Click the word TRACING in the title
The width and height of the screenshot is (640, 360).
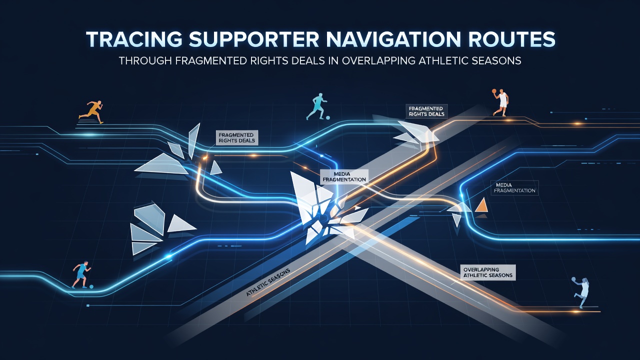click(x=134, y=39)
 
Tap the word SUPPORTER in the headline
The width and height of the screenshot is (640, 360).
click(x=254, y=39)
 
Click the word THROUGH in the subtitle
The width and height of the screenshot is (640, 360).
click(x=145, y=61)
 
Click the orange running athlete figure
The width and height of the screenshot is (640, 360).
click(x=91, y=111)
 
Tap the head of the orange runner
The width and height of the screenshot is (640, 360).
click(x=99, y=102)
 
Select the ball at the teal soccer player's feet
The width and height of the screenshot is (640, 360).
click(x=328, y=117)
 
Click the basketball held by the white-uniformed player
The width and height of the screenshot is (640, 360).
click(x=494, y=91)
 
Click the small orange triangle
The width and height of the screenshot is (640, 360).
click(x=481, y=205)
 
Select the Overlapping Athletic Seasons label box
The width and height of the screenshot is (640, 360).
click(x=488, y=272)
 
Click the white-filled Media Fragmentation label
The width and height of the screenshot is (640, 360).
click(x=344, y=176)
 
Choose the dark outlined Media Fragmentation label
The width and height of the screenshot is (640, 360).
click(x=514, y=187)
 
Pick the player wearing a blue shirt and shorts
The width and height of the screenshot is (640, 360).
click(x=81, y=274)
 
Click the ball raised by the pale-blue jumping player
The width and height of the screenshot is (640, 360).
click(x=573, y=279)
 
